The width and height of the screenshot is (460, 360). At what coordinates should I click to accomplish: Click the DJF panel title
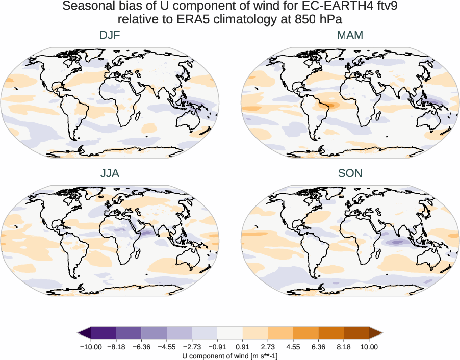click(x=110, y=36)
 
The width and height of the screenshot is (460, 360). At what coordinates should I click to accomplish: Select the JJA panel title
click(x=110, y=173)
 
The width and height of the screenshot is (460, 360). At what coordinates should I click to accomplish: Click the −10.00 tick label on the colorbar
click(x=91, y=347)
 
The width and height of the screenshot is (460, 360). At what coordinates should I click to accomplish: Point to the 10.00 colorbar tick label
click(x=369, y=347)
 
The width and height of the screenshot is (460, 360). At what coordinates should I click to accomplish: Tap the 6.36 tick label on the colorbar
click(x=318, y=347)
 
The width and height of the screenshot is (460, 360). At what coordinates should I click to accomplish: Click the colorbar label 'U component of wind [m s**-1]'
click(x=229, y=356)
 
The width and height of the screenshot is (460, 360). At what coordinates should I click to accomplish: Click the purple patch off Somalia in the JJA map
click(x=146, y=233)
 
